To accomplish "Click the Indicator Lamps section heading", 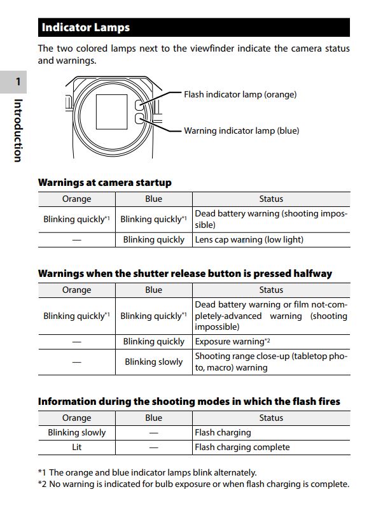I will click(x=85, y=27).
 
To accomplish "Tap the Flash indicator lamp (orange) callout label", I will click(x=240, y=94).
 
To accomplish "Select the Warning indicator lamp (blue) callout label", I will click(x=241, y=131).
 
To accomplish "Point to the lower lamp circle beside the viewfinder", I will click(x=141, y=118).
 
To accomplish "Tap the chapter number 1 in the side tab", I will click(x=18, y=81).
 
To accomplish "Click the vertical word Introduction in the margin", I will click(x=18, y=130).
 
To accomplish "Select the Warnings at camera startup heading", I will click(x=105, y=183).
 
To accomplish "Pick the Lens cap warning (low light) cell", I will click(x=249, y=240).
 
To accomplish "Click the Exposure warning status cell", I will click(x=233, y=342).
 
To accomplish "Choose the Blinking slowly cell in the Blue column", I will click(x=153, y=362).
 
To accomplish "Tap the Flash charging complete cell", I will click(x=242, y=448).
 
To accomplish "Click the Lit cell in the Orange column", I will click(x=76, y=448).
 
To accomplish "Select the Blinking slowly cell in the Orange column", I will click(x=76, y=433).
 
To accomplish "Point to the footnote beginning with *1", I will click(x=147, y=472).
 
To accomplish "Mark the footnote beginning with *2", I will click(x=193, y=484).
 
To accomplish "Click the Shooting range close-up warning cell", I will click(x=271, y=362).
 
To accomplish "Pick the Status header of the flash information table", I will click(x=271, y=418).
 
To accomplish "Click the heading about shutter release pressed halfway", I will click(x=185, y=274).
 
